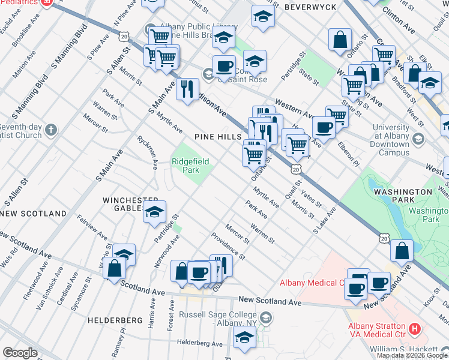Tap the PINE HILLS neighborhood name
(x=217, y=137)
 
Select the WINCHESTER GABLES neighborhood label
(x=130, y=204)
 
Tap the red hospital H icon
(x=414, y=328)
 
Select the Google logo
(x=20, y=353)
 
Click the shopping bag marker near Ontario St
(x=340, y=40)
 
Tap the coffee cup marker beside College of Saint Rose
(x=224, y=65)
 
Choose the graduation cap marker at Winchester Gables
(x=154, y=211)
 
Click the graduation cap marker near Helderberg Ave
(x=244, y=338)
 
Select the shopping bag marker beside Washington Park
(x=402, y=251)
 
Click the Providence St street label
(x=228, y=247)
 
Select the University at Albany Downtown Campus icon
(x=419, y=139)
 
